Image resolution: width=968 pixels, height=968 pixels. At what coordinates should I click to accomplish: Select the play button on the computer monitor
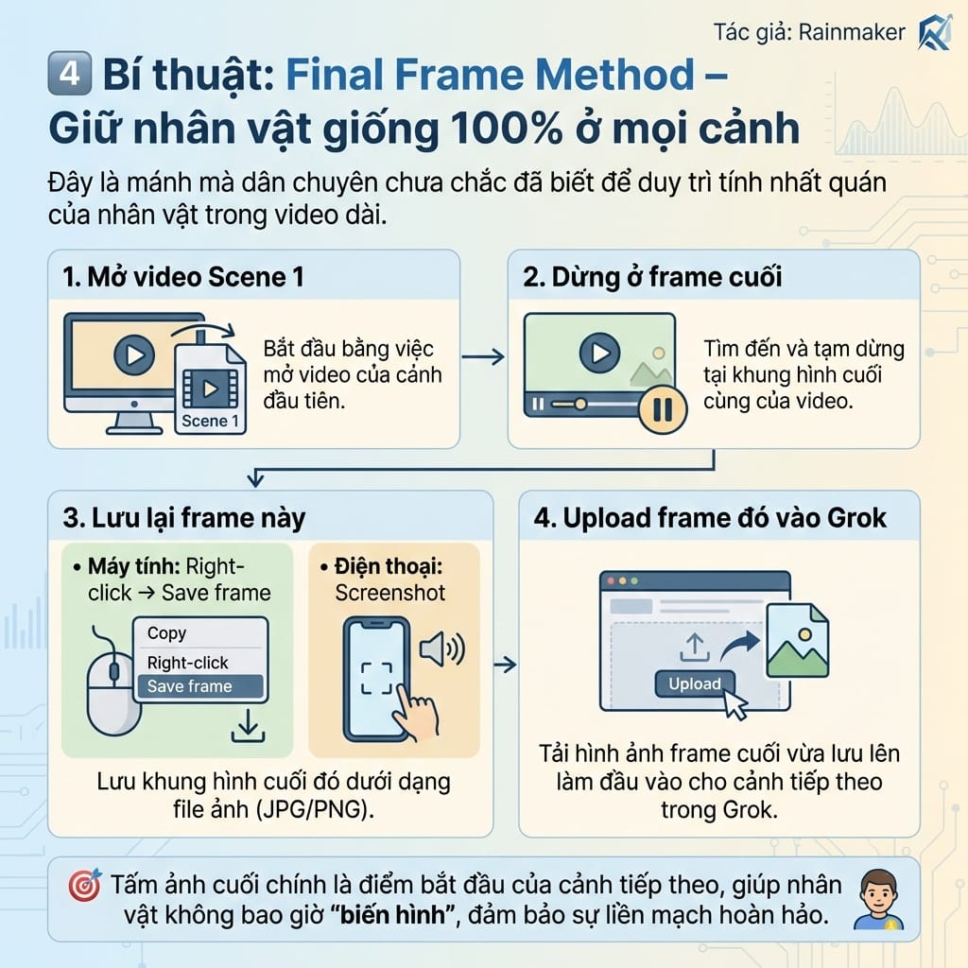(x=133, y=355)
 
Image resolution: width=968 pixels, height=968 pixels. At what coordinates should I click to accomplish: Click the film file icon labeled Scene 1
(x=210, y=389)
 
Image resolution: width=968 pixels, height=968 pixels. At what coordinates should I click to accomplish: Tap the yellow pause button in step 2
(x=663, y=408)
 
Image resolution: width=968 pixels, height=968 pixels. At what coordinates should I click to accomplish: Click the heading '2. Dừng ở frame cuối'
(x=652, y=277)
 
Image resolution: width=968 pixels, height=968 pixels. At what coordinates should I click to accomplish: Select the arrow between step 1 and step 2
(x=483, y=356)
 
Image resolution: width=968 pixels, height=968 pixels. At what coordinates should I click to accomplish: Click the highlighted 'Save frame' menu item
(x=199, y=686)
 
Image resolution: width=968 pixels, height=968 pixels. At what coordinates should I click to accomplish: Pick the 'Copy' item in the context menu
(x=166, y=633)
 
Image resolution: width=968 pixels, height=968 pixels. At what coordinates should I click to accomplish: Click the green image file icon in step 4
(x=797, y=641)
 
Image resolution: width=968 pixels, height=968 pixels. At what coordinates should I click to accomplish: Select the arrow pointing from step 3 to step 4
(x=506, y=665)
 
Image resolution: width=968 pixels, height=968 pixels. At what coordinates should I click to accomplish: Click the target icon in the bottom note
(x=86, y=886)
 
